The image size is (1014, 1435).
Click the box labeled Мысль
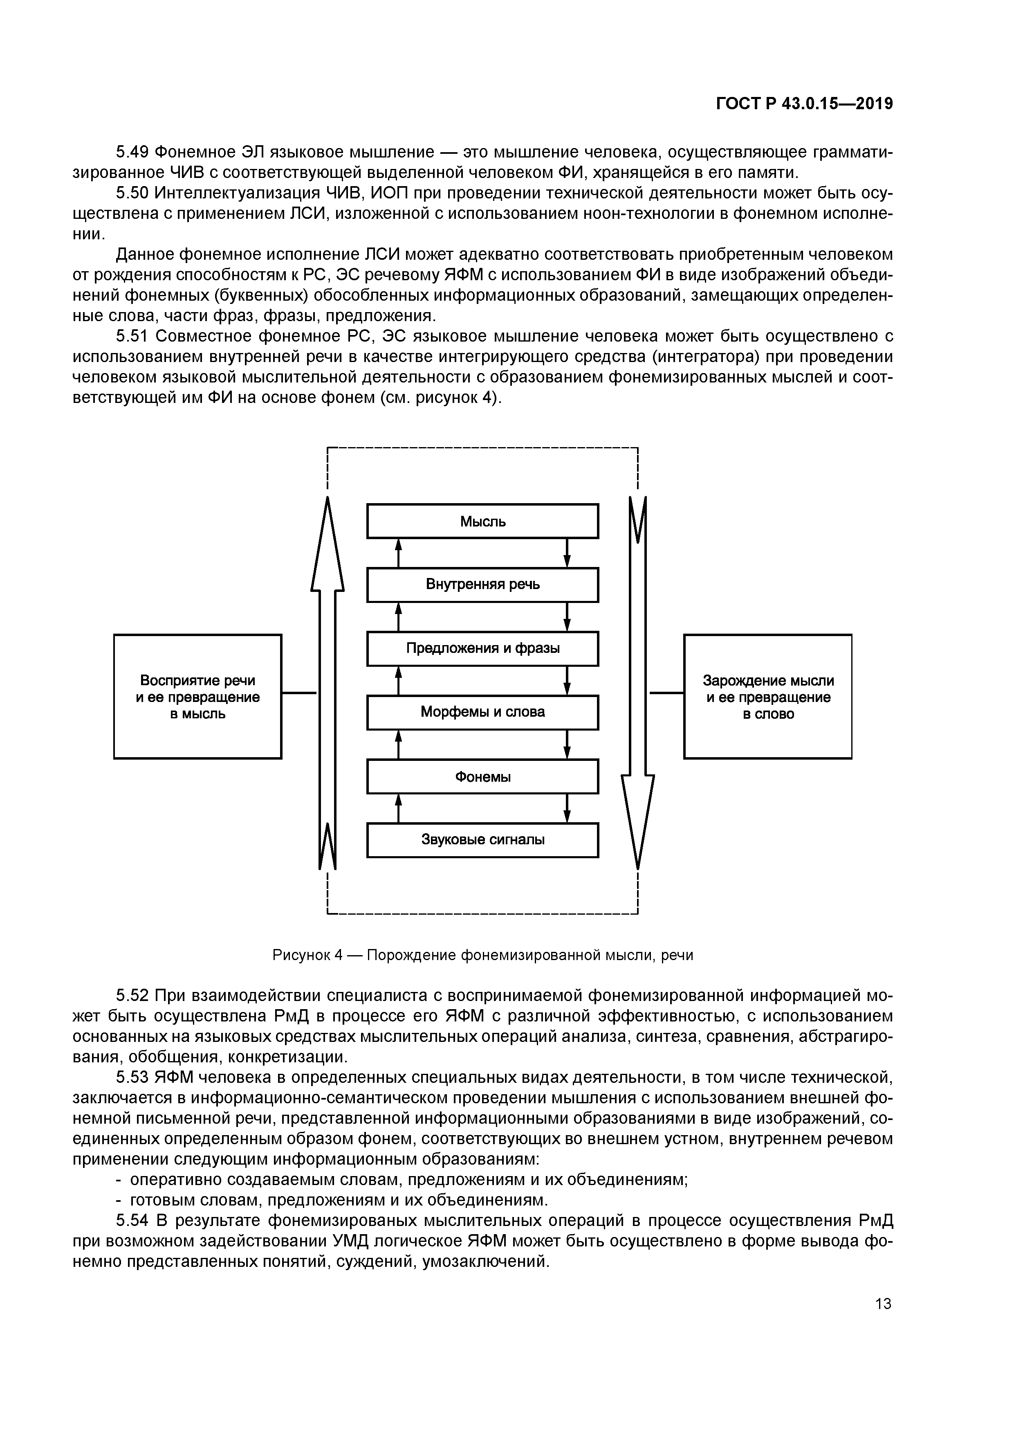click(x=482, y=521)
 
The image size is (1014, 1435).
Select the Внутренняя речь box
click(x=482, y=585)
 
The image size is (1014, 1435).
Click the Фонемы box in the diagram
click(x=482, y=776)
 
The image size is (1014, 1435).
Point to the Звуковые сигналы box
click(x=482, y=839)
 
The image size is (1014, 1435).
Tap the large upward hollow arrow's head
click(x=328, y=544)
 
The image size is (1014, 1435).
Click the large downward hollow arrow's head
click(x=637, y=819)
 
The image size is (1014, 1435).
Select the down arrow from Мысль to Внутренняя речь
click(x=567, y=553)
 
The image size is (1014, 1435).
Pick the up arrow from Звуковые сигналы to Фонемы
click(x=399, y=808)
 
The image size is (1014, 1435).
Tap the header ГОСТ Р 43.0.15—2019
click(x=804, y=104)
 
